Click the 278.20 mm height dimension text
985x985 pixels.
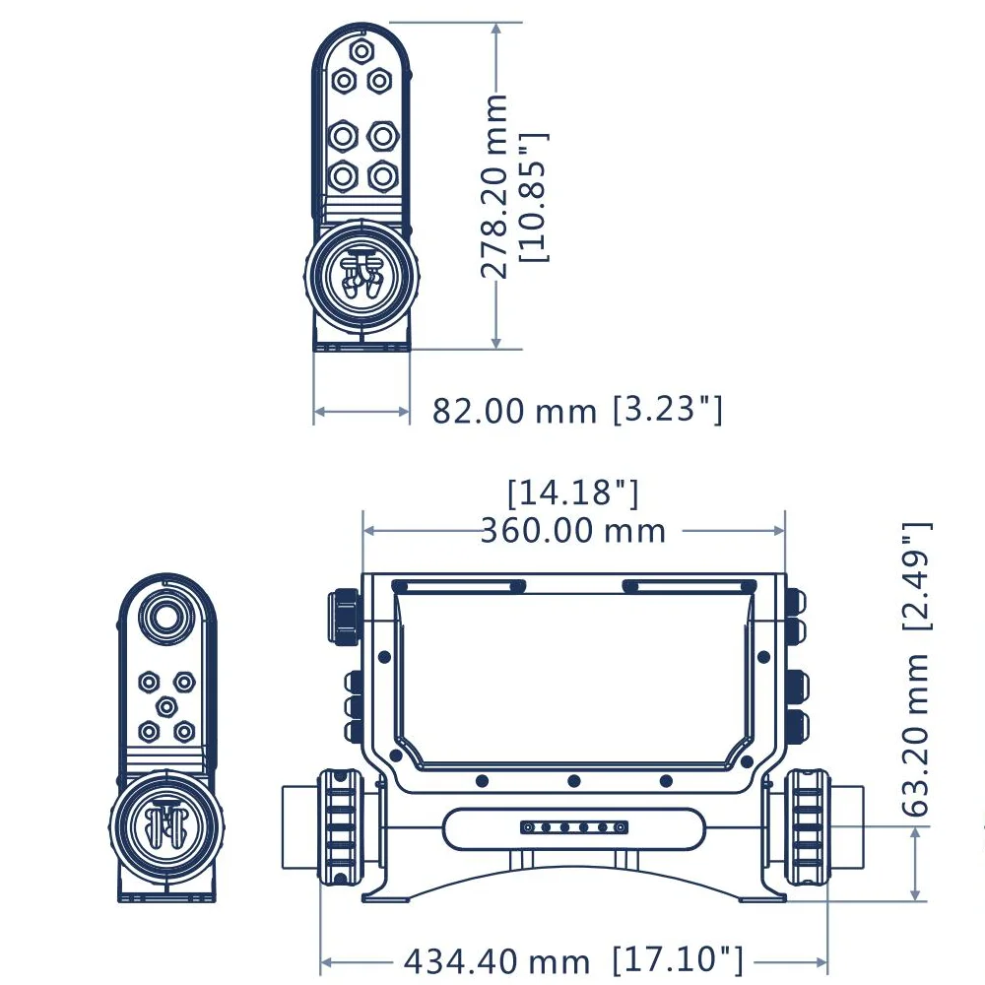[x=496, y=187]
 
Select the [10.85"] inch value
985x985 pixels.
[x=535, y=197]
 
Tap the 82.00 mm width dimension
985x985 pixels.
[x=514, y=411]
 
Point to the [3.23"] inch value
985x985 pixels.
[x=668, y=409]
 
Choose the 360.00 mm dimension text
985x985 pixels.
[x=573, y=531]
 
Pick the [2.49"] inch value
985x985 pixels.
[x=915, y=576]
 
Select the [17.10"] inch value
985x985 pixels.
[x=678, y=958]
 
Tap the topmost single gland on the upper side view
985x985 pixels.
[x=361, y=50]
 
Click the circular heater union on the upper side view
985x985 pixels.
[x=359, y=277]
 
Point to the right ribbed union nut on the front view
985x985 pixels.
[x=807, y=827]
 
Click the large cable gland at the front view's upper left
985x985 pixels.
[x=345, y=615]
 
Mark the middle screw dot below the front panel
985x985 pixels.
[x=573, y=781]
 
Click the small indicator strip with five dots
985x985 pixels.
[x=574, y=826]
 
